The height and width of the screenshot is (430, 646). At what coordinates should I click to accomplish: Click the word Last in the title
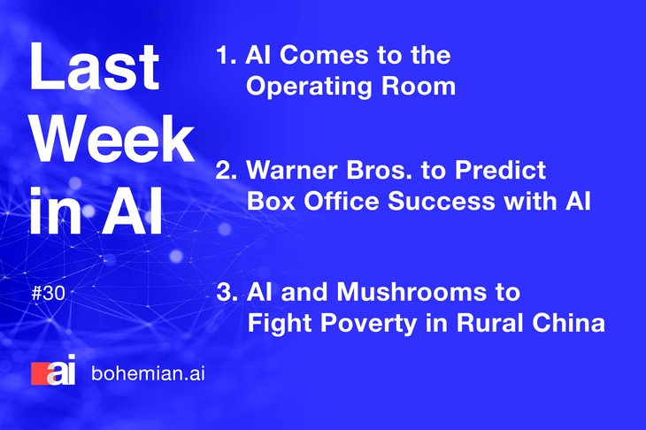pos(95,66)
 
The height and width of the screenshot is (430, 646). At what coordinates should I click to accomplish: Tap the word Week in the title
pos(113,139)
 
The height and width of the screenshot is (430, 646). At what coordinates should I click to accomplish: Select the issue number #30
pos(49,294)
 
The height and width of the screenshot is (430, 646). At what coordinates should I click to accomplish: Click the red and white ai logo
pos(54,370)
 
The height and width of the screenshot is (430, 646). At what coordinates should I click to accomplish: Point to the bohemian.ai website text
pos(149,373)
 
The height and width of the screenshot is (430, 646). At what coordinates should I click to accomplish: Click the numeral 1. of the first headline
pos(227,55)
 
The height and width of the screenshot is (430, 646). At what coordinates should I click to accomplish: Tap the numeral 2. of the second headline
pos(227,170)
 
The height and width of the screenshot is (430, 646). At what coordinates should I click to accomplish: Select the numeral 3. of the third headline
pos(227,292)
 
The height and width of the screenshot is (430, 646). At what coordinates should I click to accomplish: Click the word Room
pos(419,87)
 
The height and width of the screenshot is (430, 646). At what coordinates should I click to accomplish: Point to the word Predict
pos(500,170)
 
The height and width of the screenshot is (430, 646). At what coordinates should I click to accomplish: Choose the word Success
pos(442,201)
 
